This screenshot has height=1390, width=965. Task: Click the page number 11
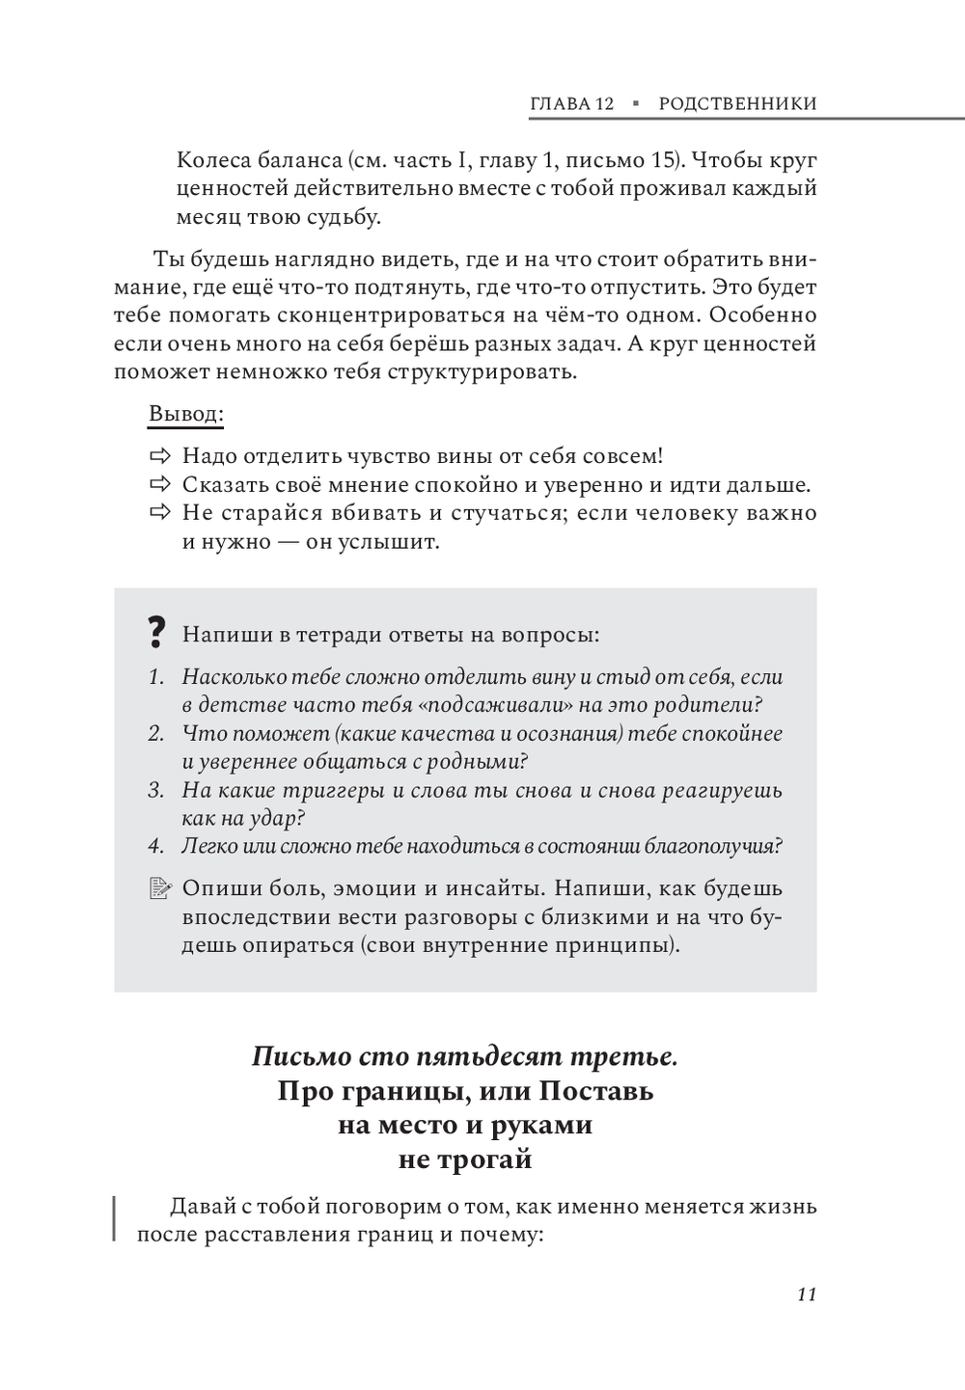pyautogui.click(x=807, y=1295)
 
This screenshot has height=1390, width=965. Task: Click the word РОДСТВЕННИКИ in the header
pyautogui.click(x=737, y=104)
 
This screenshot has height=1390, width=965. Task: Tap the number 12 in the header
pyautogui.click(x=603, y=104)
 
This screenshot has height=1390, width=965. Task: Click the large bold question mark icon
pyautogui.click(x=155, y=633)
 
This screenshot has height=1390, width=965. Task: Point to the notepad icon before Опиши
pyautogui.click(x=159, y=888)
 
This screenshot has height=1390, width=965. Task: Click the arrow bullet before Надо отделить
pyautogui.click(x=159, y=455)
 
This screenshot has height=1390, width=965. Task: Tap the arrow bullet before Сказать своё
pyautogui.click(x=159, y=484)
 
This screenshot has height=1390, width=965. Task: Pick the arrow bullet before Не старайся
pyautogui.click(x=159, y=512)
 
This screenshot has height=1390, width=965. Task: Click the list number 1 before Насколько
pyautogui.click(x=155, y=677)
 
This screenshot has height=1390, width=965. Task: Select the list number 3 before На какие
pyautogui.click(x=155, y=791)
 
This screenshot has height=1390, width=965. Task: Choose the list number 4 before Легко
pyautogui.click(x=155, y=847)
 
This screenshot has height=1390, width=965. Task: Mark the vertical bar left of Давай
pyautogui.click(x=115, y=1218)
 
